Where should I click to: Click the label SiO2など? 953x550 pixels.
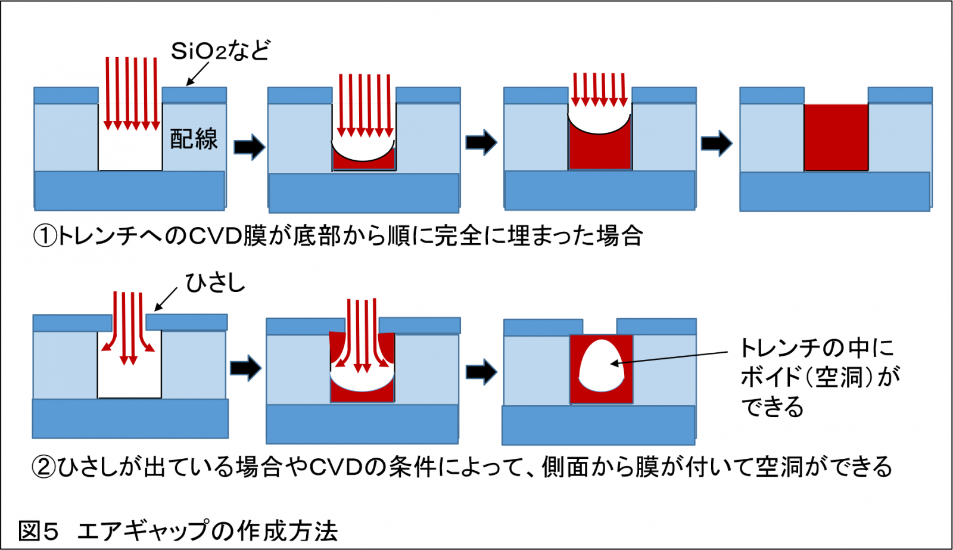coord(220,51)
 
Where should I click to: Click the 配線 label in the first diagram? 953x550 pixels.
coord(194,138)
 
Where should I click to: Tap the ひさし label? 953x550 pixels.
coord(215,283)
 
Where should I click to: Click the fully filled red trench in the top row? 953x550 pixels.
coord(836,137)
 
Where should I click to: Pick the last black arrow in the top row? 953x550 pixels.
coord(716,143)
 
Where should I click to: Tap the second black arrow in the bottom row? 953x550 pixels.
coord(481,372)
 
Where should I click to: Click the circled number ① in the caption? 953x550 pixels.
coord(45,237)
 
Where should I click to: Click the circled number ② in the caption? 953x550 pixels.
coord(43,467)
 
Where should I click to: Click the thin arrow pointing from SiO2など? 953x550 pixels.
coord(197,74)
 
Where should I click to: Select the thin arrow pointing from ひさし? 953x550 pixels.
coord(166,299)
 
